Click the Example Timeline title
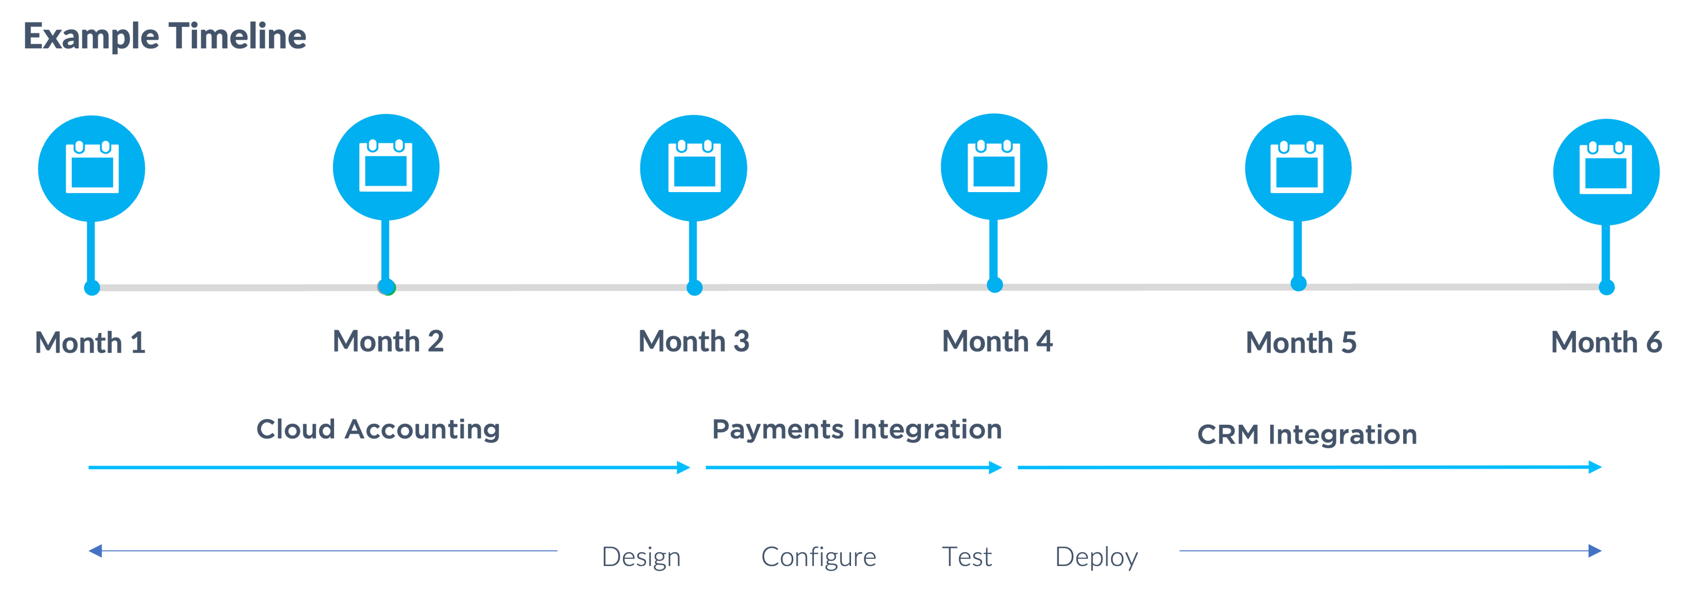click(x=164, y=37)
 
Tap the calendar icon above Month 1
click(x=92, y=167)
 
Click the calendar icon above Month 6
click(x=1605, y=169)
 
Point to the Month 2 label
click(x=388, y=342)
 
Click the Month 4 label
click(x=997, y=342)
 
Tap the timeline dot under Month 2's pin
click(x=386, y=287)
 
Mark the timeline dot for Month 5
click(x=1299, y=283)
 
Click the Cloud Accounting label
click(x=378, y=429)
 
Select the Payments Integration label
click(x=856, y=429)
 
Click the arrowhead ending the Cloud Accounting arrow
click(x=683, y=467)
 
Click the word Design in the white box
click(x=641, y=557)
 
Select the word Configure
click(x=818, y=557)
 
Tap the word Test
click(x=967, y=557)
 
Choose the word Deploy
click(x=1096, y=557)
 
